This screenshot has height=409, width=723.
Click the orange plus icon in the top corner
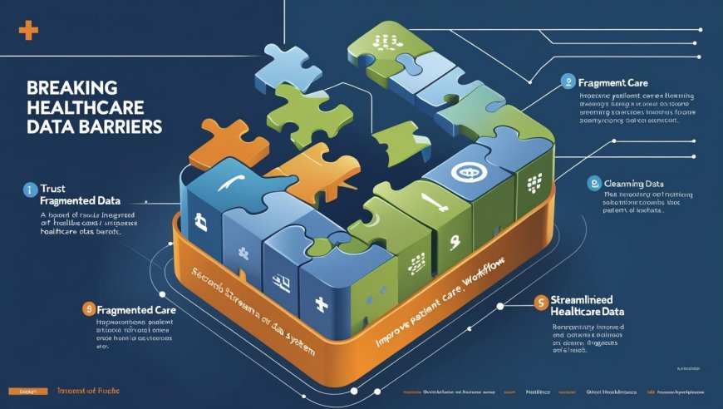click(28, 31)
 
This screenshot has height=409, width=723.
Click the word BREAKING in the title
click(61, 86)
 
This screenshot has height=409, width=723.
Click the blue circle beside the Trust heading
click(27, 189)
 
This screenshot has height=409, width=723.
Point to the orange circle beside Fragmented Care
click(87, 309)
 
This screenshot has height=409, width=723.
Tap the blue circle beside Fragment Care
click(568, 82)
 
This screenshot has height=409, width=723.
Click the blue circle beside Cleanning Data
click(593, 183)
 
